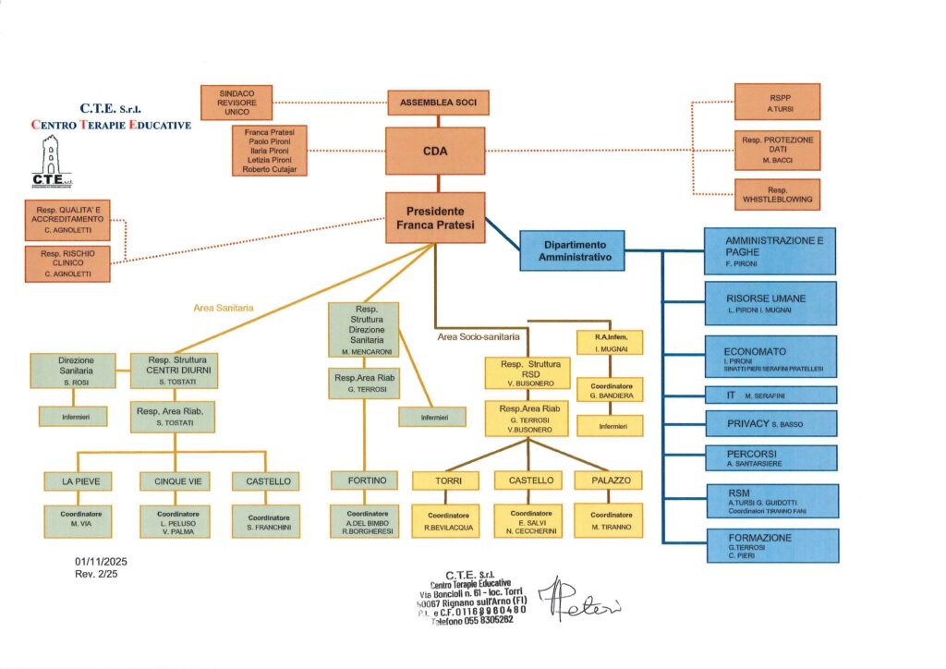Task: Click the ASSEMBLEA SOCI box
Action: (x=438, y=102)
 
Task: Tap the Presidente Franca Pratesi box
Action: (x=434, y=217)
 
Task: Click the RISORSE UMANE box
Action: (x=770, y=303)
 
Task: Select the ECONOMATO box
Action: (x=770, y=357)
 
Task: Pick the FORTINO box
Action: (x=365, y=480)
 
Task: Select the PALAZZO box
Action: (x=609, y=480)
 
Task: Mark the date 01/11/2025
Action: (x=100, y=561)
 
